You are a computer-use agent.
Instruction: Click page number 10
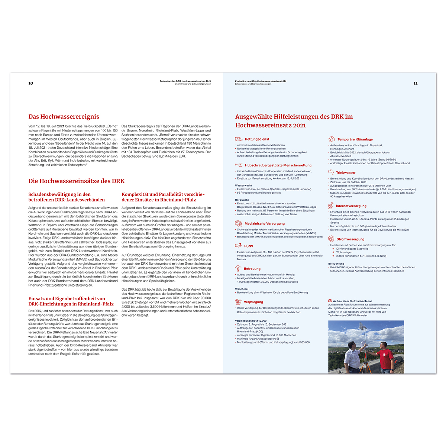(x=31, y=83)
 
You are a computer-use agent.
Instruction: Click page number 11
(x=415, y=83)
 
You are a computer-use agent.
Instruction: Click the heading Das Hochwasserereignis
(x=64, y=117)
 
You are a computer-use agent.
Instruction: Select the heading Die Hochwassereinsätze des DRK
(x=77, y=181)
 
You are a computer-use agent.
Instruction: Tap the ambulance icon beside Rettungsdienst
(x=238, y=139)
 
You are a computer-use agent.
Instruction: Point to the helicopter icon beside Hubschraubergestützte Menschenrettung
(x=239, y=165)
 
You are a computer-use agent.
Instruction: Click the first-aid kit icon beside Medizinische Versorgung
(x=238, y=223)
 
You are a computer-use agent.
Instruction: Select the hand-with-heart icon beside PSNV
(x=238, y=246)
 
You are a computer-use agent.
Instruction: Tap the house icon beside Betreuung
(x=238, y=268)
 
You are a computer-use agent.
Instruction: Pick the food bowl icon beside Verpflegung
(x=238, y=301)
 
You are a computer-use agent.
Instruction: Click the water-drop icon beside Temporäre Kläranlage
(x=332, y=139)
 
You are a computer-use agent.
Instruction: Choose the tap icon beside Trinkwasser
(x=331, y=172)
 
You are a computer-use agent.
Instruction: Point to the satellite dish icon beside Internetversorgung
(x=331, y=206)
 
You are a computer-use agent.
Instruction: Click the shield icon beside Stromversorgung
(x=331, y=239)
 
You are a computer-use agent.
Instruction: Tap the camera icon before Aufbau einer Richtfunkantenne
(x=330, y=301)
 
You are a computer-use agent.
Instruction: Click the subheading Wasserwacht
(x=243, y=185)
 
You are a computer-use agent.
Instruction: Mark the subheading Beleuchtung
(x=336, y=264)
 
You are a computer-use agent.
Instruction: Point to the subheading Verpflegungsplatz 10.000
(x=251, y=321)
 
